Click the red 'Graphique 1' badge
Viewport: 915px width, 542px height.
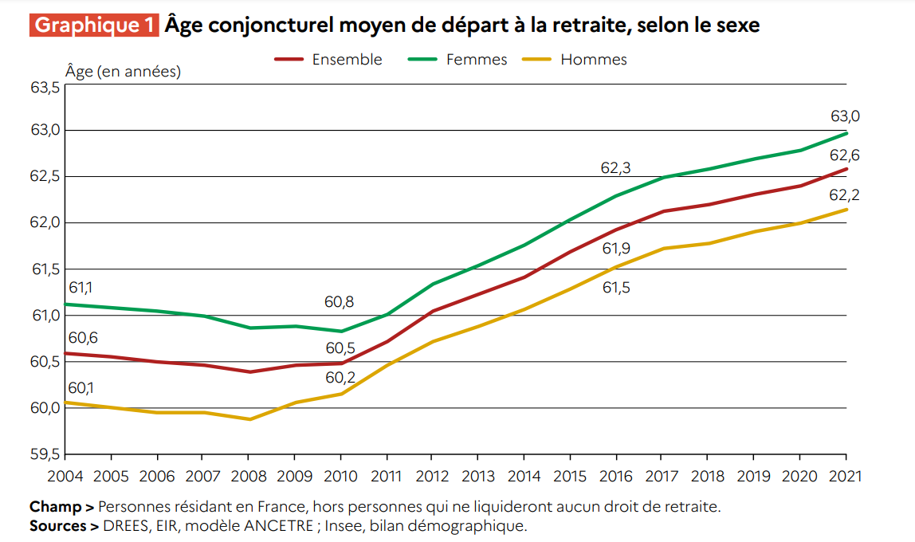(95, 25)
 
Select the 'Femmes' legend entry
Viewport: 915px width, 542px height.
(477, 60)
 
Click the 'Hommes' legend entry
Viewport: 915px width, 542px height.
(594, 60)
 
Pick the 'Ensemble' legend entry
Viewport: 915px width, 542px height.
(347, 60)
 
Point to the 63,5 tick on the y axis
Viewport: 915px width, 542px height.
(45, 87)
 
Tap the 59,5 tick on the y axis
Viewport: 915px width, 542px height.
(45, 454)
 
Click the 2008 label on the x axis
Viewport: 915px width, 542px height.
(249, 477)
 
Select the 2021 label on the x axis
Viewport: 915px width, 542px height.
(846, 477)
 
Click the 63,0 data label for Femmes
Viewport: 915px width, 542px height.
(846, 116)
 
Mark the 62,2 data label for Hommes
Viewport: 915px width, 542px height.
(846, 194)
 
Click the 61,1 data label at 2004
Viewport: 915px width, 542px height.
(81, 288)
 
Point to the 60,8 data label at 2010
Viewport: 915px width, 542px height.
(340, 302)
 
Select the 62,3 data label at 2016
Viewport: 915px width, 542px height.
(615, 168)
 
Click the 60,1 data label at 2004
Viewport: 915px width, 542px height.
(81, 388)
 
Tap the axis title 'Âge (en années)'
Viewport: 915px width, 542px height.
(123, 72)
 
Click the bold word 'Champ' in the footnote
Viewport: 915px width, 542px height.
(55, 507)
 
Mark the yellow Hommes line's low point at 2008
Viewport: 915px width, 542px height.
(249, 419)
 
